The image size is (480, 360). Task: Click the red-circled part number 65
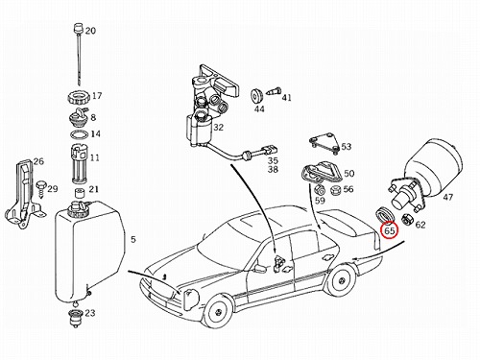[390, 230]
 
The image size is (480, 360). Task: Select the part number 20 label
[90, 31]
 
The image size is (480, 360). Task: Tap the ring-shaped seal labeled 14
[79, 134]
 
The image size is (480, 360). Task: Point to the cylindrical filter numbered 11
[79, 165]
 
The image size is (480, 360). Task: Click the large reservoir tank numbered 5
[89, 252]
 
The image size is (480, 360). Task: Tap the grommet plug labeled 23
[76, 318]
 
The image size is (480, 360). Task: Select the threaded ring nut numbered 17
[79, 97]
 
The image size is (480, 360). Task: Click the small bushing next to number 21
[79, 193]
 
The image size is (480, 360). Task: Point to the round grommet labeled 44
[256, 96]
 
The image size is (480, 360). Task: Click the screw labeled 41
[274, 92]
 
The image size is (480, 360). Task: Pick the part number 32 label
[218, 128]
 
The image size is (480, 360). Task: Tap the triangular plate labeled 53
[324, 145]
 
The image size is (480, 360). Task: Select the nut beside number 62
[407, 220]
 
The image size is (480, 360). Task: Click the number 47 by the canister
[448, 197]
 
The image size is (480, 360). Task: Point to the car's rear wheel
[343, 281]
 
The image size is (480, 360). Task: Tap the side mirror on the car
[261, 269]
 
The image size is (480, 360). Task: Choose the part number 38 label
[273, 169]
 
